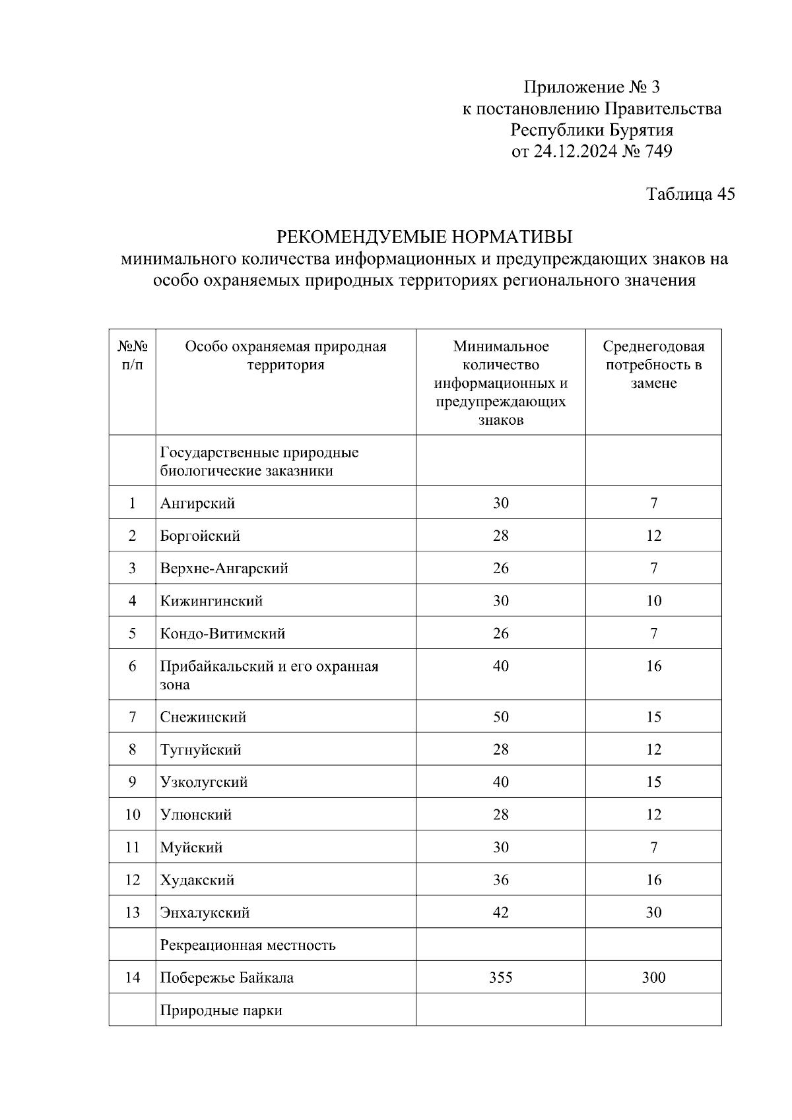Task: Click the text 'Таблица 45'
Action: (x=690, y=194)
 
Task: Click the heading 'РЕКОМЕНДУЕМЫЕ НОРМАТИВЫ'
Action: (x=424, y=236)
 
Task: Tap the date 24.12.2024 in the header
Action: (x=575, y=152)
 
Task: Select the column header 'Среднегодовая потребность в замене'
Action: (x=653, y=365)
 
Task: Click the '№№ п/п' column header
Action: (x=132, y=356)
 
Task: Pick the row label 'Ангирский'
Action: (x=197, y=503)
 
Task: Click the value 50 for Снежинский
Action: (x=500, y=717)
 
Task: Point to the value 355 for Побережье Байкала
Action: (x=500, y=978)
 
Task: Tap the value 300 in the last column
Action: (x=653, y=978)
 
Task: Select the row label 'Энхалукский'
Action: (x=205, y=913)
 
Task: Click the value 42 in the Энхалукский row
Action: (x=500, y=913)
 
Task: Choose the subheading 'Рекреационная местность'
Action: (x=247, y=945)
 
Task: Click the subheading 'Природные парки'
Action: (x=221, y=1011)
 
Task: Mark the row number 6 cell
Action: (x=132, y=666)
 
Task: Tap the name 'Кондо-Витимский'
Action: (x=222, y=634)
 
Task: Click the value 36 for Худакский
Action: (x=500, y=880)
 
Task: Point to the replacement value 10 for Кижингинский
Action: (x=653, y=601)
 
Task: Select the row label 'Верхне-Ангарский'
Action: (x=224, y=569)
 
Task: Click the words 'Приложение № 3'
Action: (x=591, y=87)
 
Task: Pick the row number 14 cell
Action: (x=132, y=978)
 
